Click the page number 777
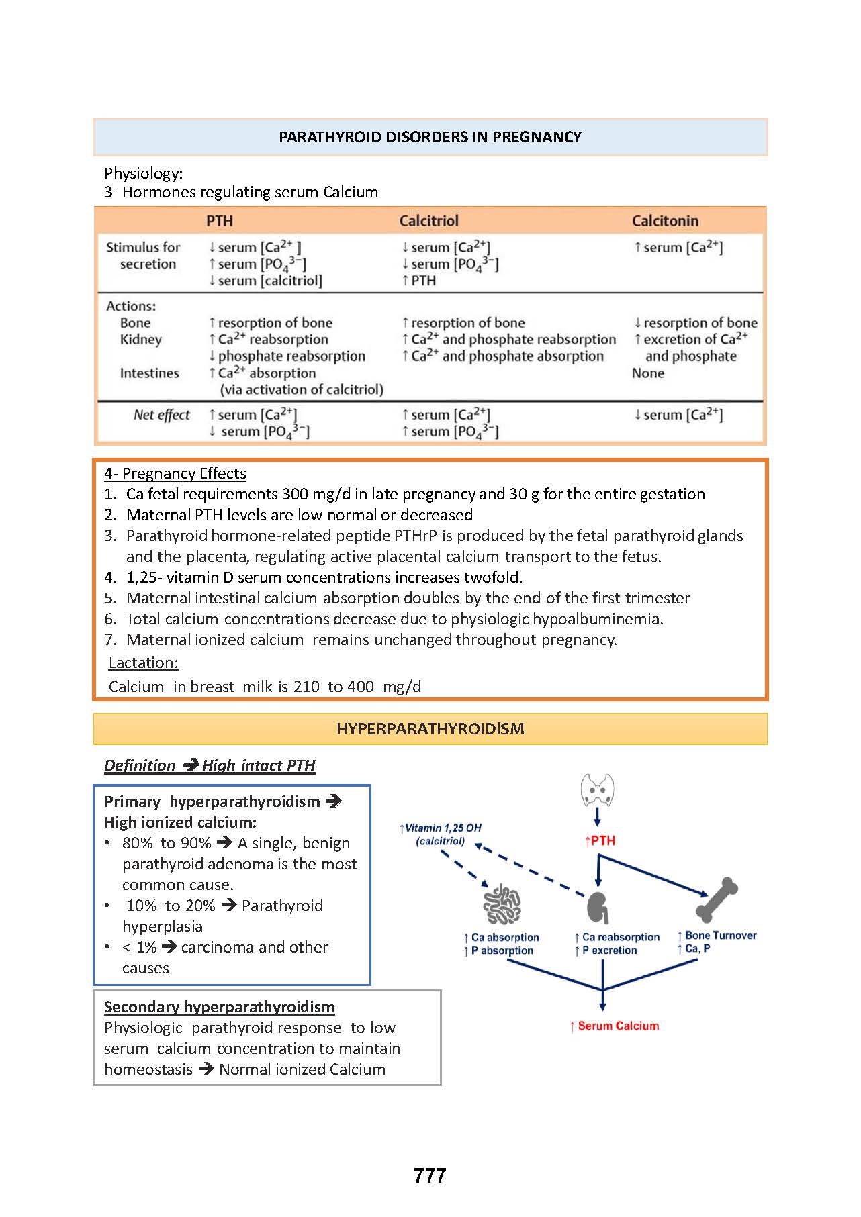coord(430,1175)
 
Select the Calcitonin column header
coord(665,221)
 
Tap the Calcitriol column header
coord(428,221)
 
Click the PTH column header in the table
coord(220,221)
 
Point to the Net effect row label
coord(161,415)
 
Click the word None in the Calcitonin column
coord(647,373)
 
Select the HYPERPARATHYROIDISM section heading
coord(430,729)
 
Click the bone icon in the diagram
coord(716,899)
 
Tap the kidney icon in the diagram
coord(598,908)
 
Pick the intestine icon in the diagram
coord(502,904)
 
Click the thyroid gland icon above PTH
coord(597,790)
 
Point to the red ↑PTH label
coord(600,841)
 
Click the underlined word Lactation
coord(144,663)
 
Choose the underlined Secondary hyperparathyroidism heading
coord(219,1007)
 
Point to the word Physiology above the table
coord(143,173)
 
